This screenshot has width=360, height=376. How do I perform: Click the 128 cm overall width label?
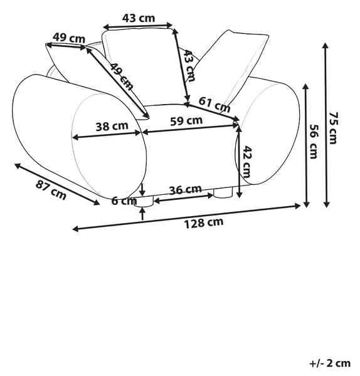point(204,223)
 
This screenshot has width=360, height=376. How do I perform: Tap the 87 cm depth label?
point(51,191)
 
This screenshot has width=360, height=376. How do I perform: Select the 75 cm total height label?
point(334,128)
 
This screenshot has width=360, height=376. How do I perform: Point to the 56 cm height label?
point(314,142)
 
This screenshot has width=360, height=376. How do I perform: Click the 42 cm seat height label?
point(246,162)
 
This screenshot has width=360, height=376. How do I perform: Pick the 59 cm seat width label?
point(186,121)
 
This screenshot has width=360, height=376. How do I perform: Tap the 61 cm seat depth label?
point(214,105)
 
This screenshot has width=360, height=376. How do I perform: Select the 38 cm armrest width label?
point(112,127)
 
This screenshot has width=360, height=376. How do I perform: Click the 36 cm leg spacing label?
point(185,190)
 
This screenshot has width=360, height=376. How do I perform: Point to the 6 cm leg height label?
point(124,201)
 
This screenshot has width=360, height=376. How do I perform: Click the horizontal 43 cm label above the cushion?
point(139,18)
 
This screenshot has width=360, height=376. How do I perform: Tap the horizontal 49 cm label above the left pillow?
point(69,38)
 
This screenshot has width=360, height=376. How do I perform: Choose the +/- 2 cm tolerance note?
point(330,363)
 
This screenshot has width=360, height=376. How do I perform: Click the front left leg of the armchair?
point(144,201)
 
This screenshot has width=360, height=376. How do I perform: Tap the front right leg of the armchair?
point(223,193)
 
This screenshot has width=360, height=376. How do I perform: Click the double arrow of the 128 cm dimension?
point(186,217)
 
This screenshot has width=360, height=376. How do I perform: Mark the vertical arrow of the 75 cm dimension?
point(326,125)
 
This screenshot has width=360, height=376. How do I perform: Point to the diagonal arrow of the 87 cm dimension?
point(57,184)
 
